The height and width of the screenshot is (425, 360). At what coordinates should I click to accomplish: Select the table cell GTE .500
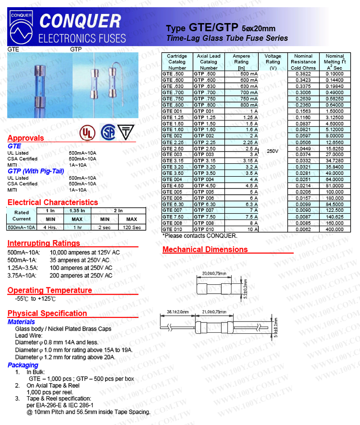pyautogui.click(x=177, y=73)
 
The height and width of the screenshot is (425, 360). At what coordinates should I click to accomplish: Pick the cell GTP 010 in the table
pyautogui.click(x=208, y=229)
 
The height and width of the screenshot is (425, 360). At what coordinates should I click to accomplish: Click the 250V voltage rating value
pyautogui.click(x=273, y=151)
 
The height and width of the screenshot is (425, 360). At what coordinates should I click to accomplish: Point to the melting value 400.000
pyautogui.click(x=335, y=229)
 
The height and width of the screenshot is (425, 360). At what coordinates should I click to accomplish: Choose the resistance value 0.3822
pyautogui.click(x=303, y=73)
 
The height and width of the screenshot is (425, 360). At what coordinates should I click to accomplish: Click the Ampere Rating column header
pyautogui.click(x=242, y=62)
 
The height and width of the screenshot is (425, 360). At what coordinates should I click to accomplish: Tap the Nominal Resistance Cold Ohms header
pyautogui.click(x=303, y=62)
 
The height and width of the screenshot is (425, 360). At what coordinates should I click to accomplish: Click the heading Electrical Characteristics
pyautogui.click(x=53, y=202)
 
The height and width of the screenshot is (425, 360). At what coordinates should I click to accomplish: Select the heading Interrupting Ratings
pyautogui.click(x=44, y=243)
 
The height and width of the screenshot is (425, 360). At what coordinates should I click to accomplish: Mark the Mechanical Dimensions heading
pyautogui.click(x=205, y=250)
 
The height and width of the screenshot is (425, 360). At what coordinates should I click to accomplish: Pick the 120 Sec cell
pyautogui.click(x=132, y=227)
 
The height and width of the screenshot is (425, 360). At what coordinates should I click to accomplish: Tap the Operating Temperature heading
pyautogui.click(x=49, y=290)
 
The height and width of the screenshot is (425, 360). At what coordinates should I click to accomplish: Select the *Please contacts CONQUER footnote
pyautogui.click(x=199, y=236)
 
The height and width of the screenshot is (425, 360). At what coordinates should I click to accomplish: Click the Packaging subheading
pyautogui.click(x=23, y=365)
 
